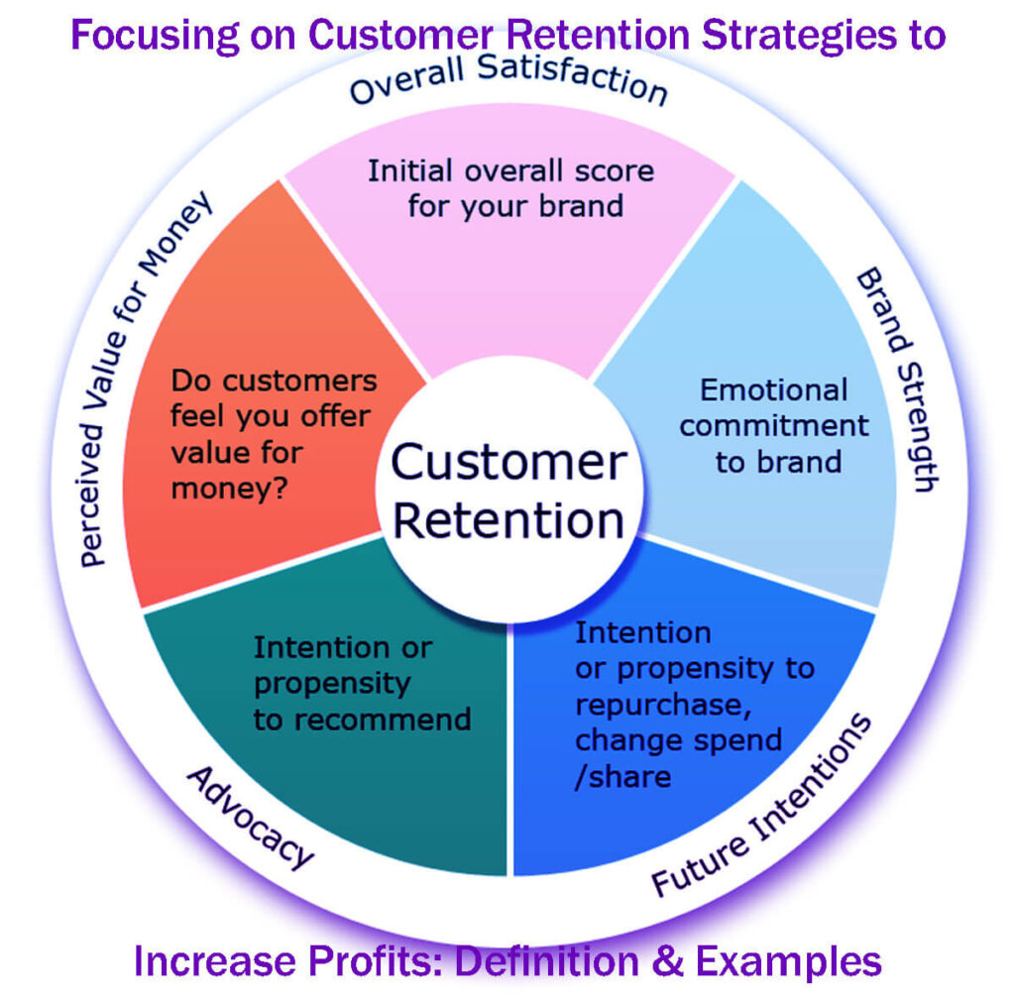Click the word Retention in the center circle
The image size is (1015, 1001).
coord(508,520)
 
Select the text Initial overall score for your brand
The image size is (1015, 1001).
coord(510,187)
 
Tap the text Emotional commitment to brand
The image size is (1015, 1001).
coord(773,425)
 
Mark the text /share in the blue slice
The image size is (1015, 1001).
coord(622,776)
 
